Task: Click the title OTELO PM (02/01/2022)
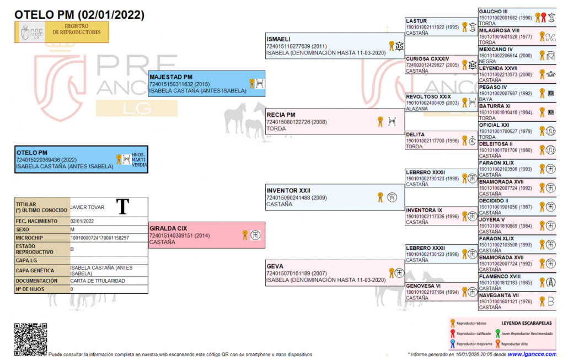pyautogui.click(x=79, y=15)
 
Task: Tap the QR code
pyautogui.click(x=30, y=339)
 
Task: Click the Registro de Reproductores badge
pyautogui.click(x=61, y=32)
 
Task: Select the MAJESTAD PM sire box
pyautogui.click(x=207, y=83)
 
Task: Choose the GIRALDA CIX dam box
pyautogui.click(x=207, y=235)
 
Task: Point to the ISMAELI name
pyautogui.click(x=278, y=40)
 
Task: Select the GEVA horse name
pyautogui.click(x=275, y=266)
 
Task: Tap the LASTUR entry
pyautogui.click(x=416, y=21)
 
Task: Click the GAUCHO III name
pyautogui.click(x=493, y=12)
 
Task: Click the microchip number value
pyautogui.click(x=100, y=238)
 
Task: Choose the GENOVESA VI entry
pyautogui.click(x=423, y=286)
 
